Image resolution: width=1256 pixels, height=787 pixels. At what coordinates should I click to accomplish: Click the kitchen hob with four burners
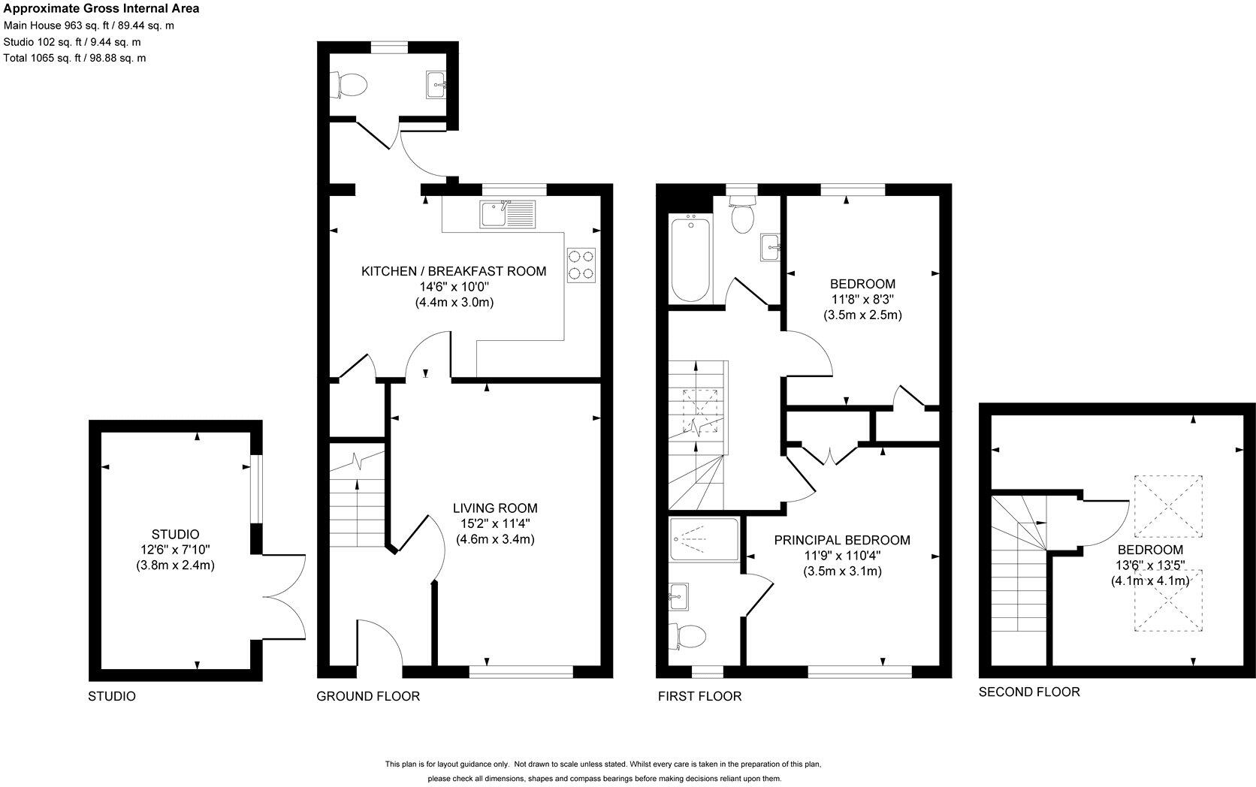point(581,265)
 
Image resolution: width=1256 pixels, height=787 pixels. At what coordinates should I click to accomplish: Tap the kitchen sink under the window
point(508,215)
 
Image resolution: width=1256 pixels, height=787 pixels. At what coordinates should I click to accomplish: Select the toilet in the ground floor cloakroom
point(349,84)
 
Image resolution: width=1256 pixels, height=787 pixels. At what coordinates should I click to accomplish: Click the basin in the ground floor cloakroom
point(436,84)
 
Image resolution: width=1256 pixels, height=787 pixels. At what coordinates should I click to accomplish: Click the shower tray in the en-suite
point(703,540)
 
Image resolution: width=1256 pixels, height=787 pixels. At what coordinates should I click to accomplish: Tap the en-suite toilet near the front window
point(690,638)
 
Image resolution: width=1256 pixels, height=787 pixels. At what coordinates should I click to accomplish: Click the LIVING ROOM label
point(495,508)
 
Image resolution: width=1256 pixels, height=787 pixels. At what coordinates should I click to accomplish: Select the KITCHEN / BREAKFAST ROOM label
point(454,271)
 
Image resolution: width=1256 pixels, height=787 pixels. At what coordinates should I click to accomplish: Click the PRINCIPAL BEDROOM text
point(842,540)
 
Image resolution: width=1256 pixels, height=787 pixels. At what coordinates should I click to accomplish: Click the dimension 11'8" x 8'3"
point(862,300)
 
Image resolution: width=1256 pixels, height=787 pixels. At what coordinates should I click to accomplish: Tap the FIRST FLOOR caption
point(699,696)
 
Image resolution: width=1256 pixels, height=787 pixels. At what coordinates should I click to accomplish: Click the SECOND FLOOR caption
point(1029,692)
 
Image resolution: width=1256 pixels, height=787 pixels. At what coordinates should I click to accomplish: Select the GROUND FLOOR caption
point(367,696)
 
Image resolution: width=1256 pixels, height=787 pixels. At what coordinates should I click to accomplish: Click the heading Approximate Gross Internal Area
point(101,9)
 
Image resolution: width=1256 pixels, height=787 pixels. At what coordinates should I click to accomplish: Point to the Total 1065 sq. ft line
point(74,58)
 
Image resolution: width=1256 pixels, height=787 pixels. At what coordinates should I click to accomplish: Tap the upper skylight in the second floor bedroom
point(1167,506)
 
